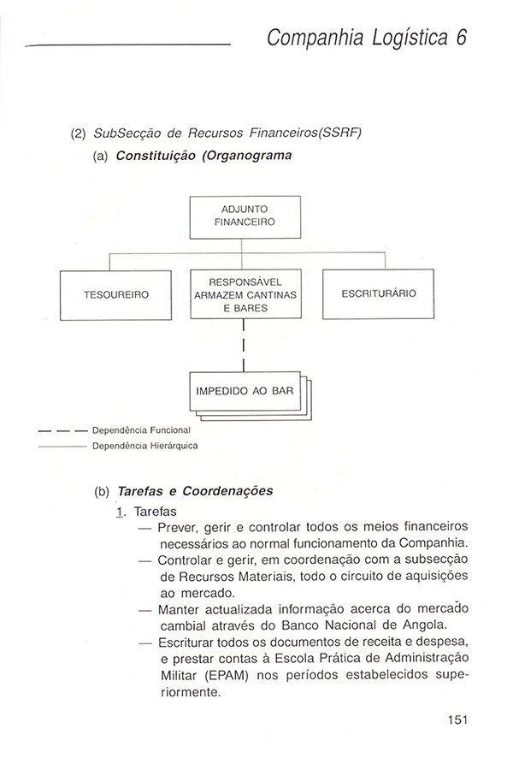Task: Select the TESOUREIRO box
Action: click(116, 294)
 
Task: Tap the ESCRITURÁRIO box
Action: click(378, 293)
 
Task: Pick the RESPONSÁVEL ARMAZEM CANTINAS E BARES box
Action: click(245, 294)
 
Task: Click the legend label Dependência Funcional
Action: click(140, 430)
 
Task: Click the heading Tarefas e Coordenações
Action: click(196, 491)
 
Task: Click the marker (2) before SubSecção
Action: click(79, 135)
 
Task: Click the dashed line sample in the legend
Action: click(63, 430)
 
